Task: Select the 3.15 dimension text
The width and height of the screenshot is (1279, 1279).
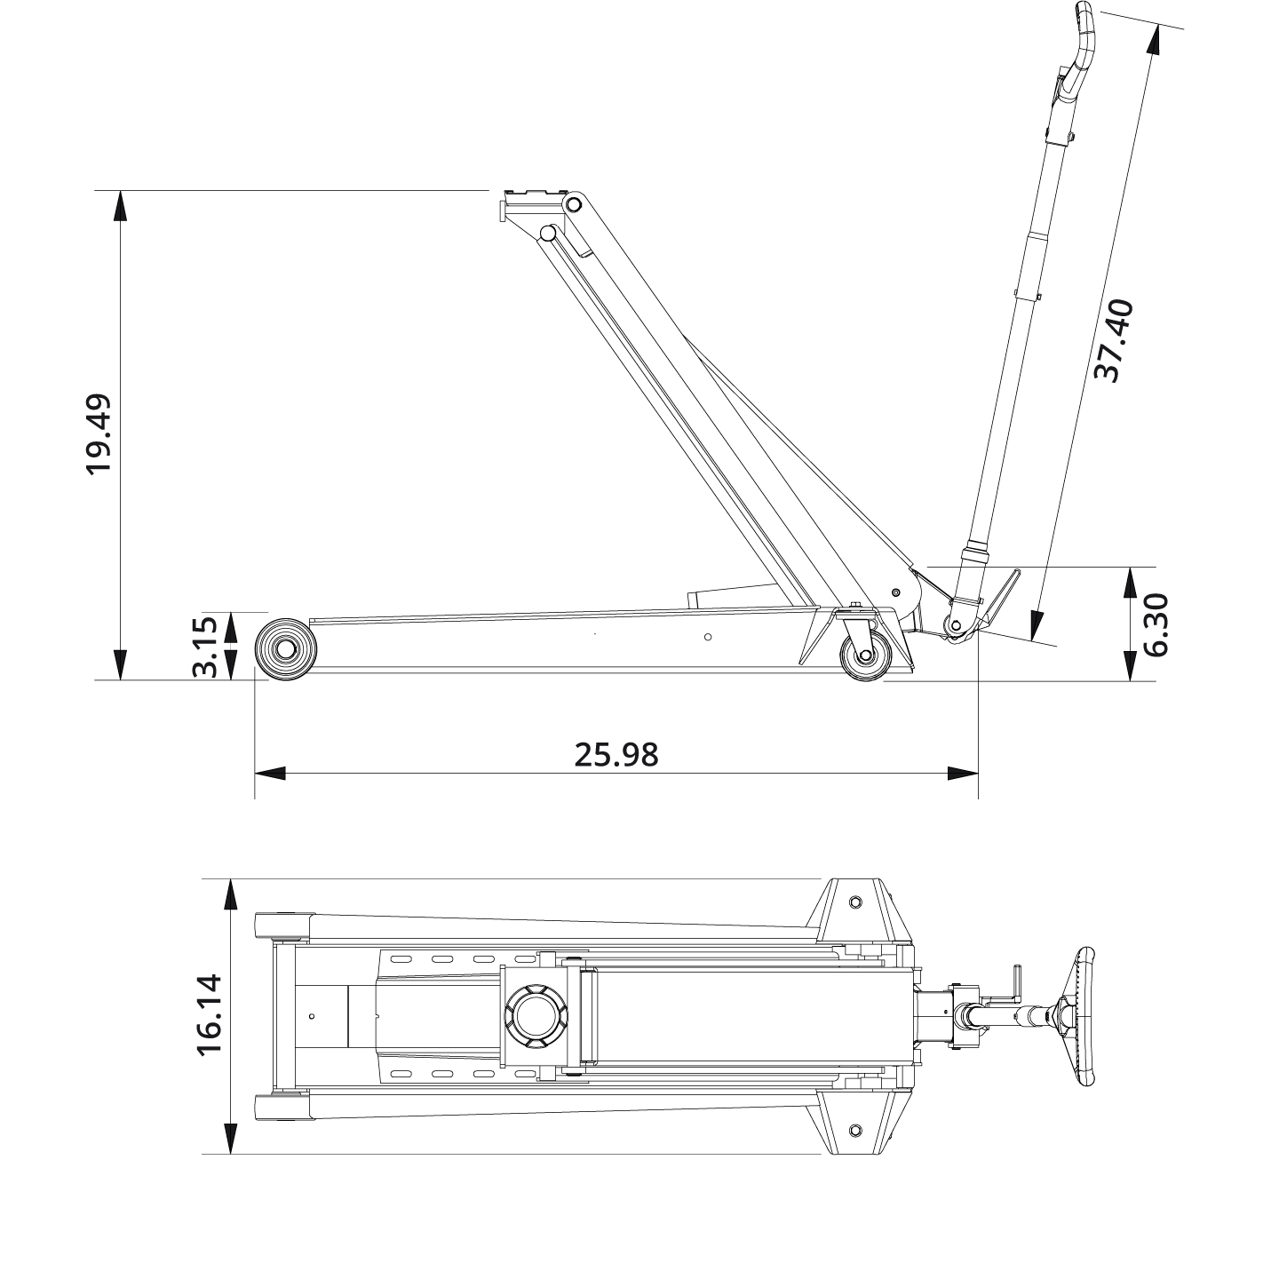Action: (x=205, y=646)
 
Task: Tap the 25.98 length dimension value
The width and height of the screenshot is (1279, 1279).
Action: (x=616, y=754)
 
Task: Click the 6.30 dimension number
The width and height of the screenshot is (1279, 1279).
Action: (x=1155, y=624)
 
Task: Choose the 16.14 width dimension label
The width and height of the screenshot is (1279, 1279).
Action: (x=210, y=1015)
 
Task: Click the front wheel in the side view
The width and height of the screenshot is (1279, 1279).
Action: (x=286, y=650)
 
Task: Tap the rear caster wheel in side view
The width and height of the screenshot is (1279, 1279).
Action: (x=864, y=655)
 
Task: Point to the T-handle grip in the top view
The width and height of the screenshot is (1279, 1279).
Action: (x=1084, y=1015)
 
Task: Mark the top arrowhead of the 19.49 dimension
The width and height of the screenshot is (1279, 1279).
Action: (x=120, y=206)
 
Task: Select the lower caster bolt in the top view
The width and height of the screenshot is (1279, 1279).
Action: (x=855, y=1130)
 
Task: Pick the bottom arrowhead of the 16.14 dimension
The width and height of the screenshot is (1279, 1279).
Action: (x=230, y=1139)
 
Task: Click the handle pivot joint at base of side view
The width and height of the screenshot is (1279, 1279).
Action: (x=956, y=624)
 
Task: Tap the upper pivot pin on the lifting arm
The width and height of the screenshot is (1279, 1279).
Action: (x=574, y=205)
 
